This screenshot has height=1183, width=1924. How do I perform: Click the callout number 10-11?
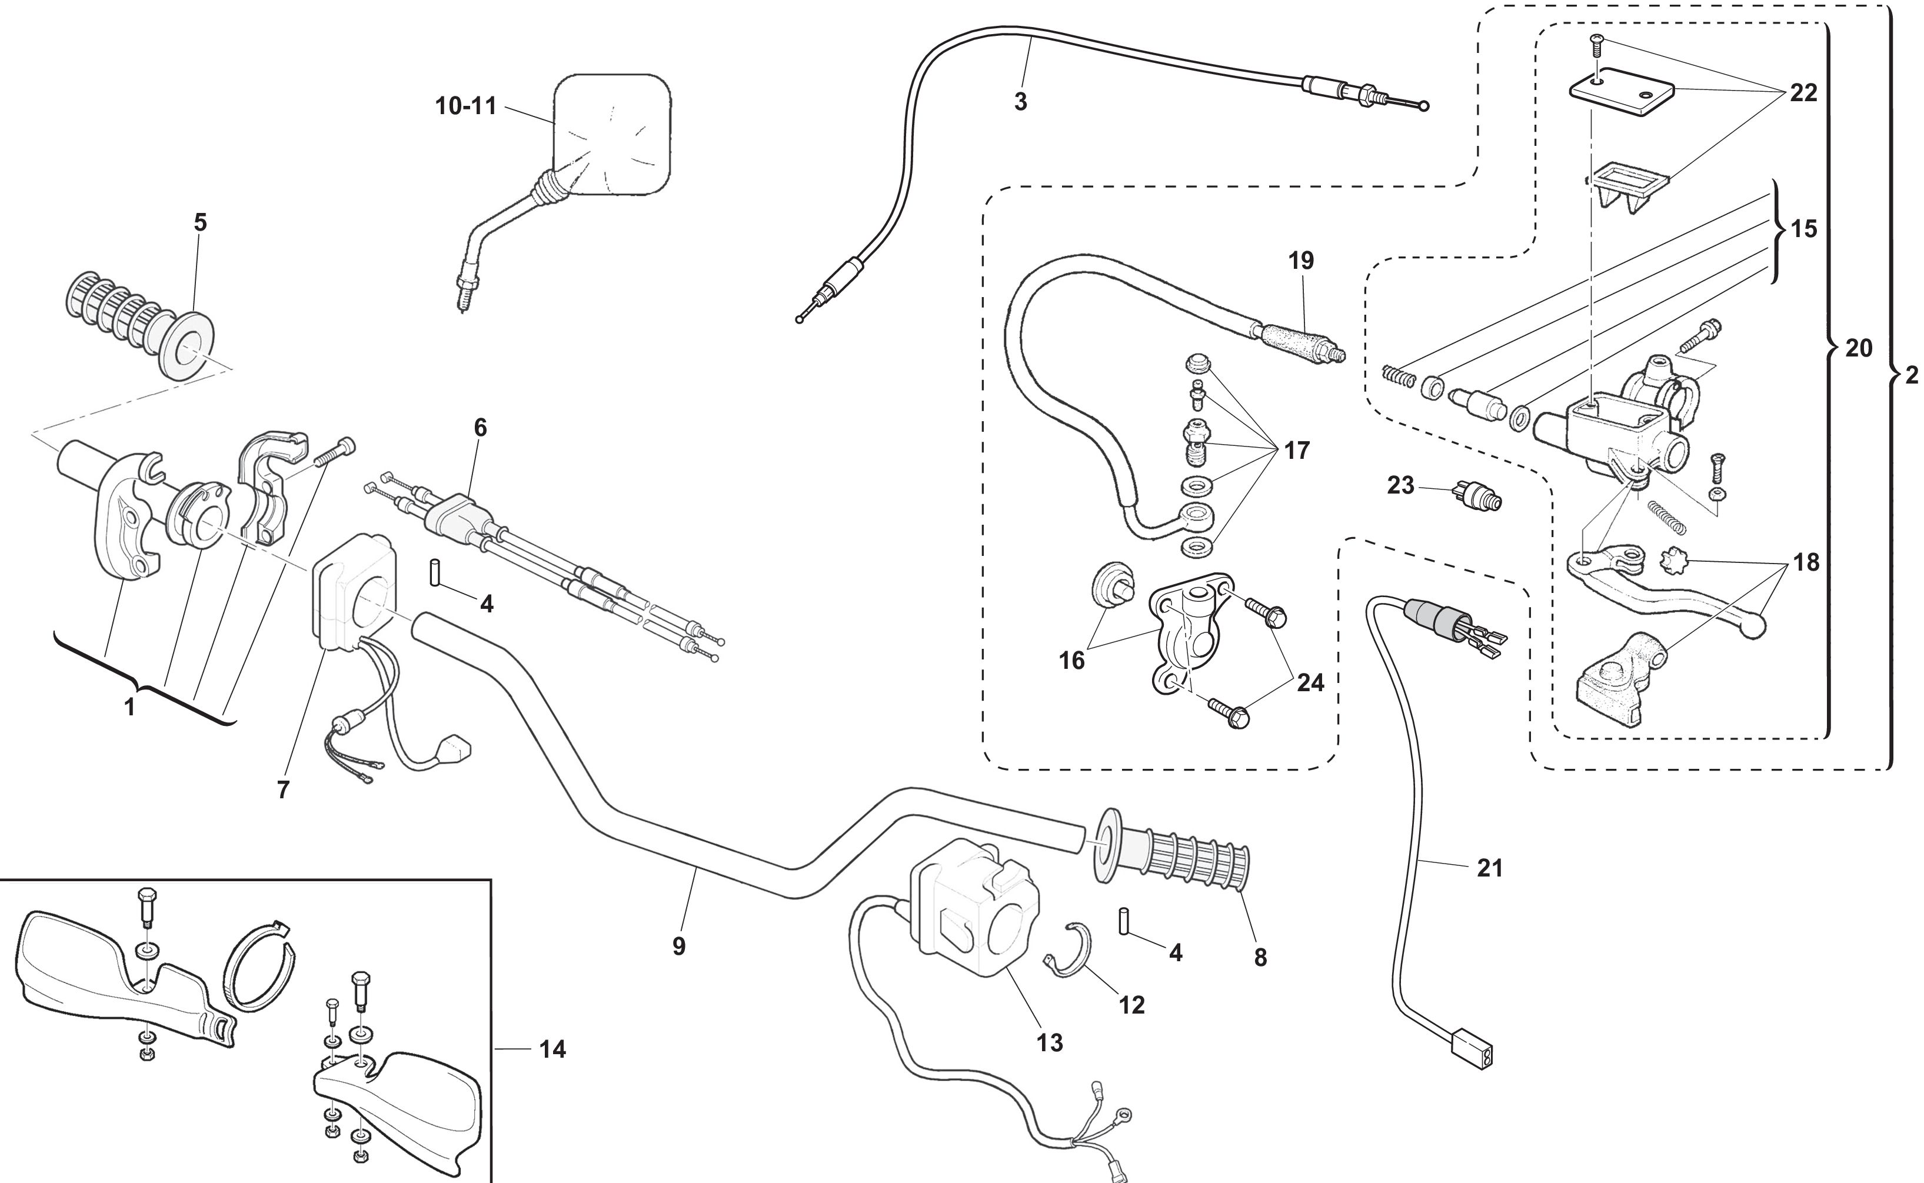(x=465, y=106)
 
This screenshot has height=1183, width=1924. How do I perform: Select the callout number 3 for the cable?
(x=1020, y=102)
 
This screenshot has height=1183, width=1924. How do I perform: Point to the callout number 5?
(x=200, y=223)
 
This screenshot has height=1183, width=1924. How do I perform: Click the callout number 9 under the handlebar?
(x=678, y=947)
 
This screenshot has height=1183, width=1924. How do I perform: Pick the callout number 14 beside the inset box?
(x=552, y=1049)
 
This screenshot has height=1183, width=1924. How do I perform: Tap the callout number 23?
(x=1400, y=486)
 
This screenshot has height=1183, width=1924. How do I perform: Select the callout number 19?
(x=1301, y=261)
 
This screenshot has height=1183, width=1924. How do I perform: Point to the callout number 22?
(x=1803, y=93)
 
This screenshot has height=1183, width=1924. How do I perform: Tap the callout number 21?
(x=1490, y=868)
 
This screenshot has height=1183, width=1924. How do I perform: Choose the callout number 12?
(x=1131, y=1005)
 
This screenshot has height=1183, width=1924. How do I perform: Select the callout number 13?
(x=1050, y=1042)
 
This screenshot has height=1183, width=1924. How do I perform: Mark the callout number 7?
(x=283, y=789)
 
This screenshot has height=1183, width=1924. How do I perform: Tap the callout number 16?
(x=1072, y=661)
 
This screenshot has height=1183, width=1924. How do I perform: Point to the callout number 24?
(x=1310, y=683)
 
